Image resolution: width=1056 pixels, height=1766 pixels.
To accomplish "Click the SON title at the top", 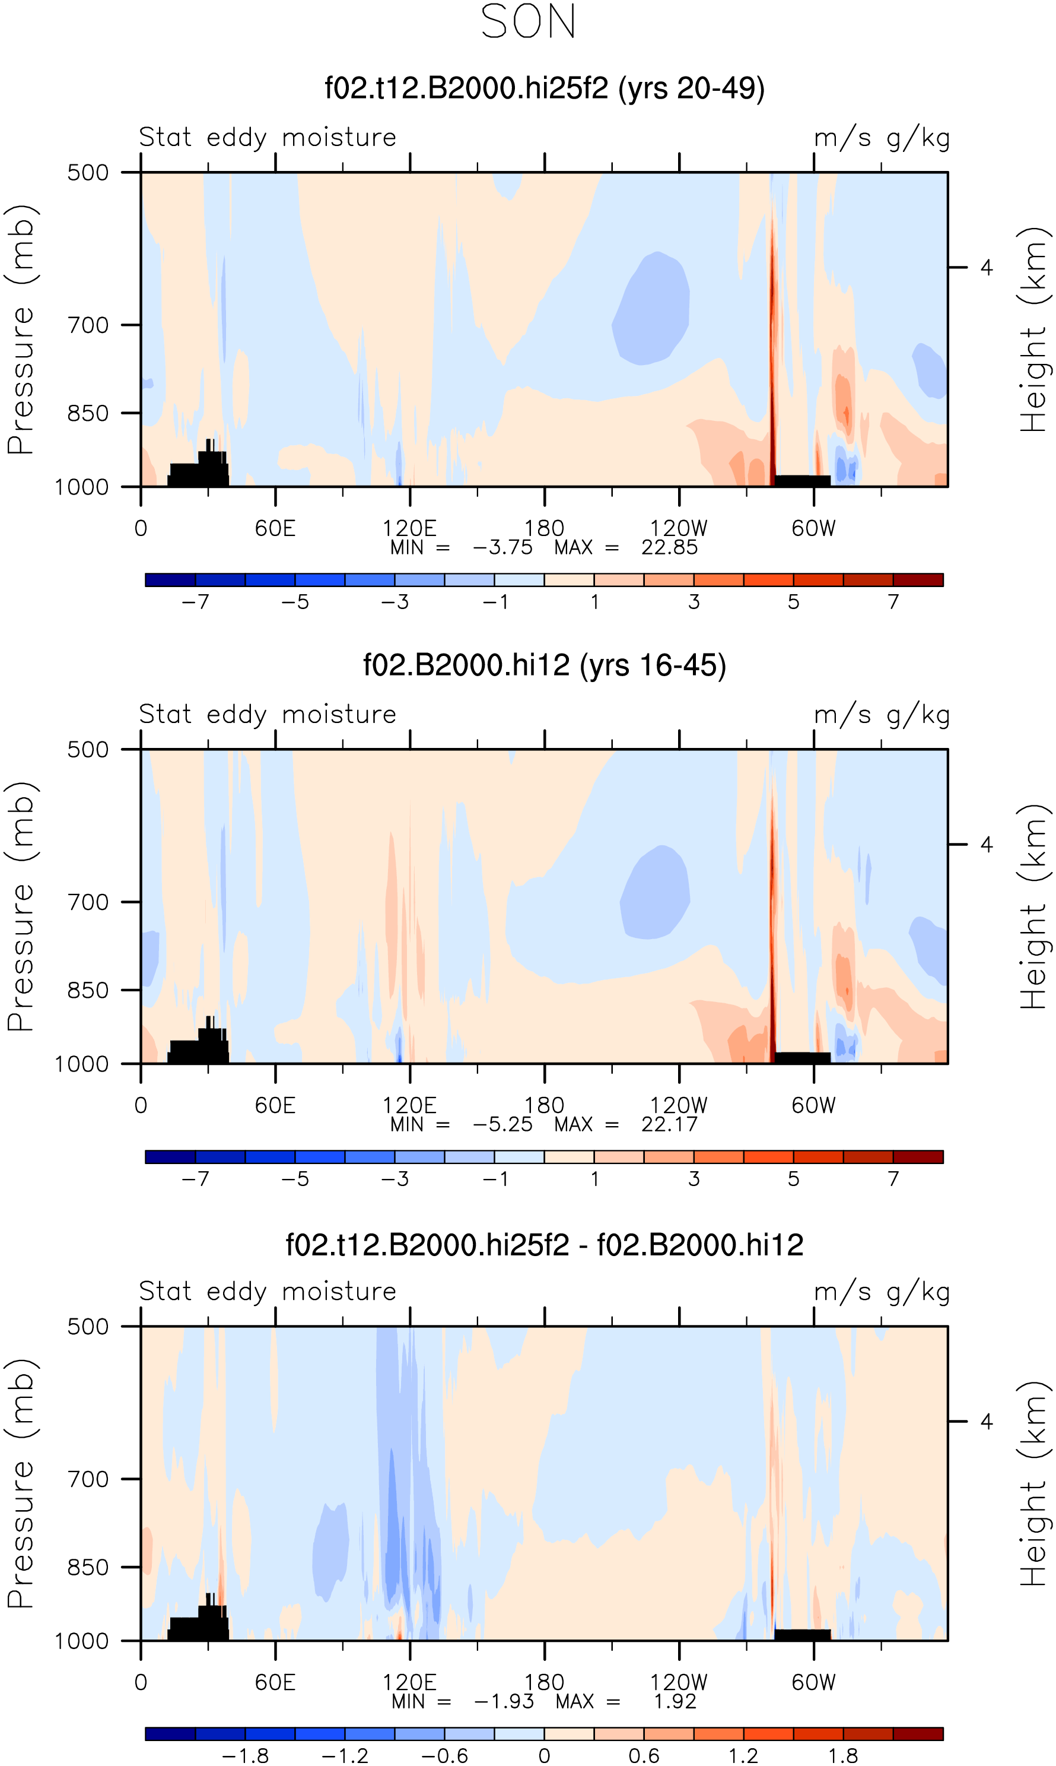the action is [528, 21].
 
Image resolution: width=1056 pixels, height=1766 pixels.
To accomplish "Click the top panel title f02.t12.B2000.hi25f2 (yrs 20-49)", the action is [545, 88].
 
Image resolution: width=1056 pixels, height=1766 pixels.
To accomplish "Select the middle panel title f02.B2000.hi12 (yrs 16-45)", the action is [545, 665].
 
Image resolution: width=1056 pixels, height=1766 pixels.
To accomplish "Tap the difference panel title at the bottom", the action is [545, 1245].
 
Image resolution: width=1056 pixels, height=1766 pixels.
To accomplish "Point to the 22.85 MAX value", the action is [669, 547].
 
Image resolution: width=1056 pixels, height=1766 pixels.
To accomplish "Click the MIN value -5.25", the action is [502, 1125].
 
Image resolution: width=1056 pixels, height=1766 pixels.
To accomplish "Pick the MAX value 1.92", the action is [675, 1701].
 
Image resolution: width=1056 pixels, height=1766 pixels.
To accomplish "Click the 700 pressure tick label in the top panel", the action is [88, 325].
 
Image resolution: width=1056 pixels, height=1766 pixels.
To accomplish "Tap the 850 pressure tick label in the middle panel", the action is [88, 990].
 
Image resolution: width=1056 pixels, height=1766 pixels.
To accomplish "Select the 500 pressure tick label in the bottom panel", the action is [88, 1326].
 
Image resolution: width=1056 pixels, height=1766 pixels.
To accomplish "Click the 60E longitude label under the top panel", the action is [275, 528].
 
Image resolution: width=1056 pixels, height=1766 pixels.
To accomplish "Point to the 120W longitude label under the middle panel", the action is [679, 1105].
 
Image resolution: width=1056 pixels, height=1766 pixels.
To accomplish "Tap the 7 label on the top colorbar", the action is [893, 602].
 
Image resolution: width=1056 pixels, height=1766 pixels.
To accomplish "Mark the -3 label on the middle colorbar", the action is [395, 1179].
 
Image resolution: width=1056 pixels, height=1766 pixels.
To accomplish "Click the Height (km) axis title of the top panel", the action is [1034, 329].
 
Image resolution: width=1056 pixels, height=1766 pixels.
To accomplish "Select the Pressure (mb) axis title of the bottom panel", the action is [21, 1483].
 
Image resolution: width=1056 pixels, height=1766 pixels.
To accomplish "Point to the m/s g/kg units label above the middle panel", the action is [882, 715].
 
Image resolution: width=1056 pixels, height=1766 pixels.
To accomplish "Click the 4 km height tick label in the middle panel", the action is [985, 845].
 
